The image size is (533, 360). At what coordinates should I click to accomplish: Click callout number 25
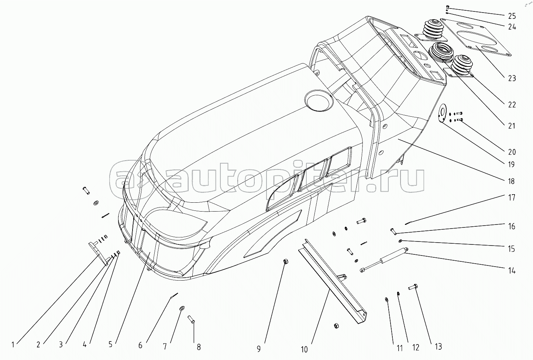click(512, 16)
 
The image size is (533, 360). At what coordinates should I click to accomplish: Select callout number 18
click(511, 181)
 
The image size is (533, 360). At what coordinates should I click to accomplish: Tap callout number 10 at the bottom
click(304, 350)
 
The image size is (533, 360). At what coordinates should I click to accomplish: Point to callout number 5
click(110, 344)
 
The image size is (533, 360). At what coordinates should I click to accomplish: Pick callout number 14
click(512, 271)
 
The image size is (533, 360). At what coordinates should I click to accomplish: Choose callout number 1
click(13, 344)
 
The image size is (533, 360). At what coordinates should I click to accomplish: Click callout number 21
click(512, 126)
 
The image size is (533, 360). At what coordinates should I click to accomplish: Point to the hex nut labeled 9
click(286, 261)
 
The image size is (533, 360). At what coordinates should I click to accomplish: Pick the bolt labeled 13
click(413, 287)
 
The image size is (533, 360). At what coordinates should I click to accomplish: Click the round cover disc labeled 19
click(443, 114)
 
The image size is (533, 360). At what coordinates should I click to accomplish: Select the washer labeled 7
click(182, 309)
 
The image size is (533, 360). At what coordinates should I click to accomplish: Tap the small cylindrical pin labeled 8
click(191, 319)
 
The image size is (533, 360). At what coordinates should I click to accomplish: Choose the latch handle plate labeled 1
click(98, 253)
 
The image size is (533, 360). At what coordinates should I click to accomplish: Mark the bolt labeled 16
click(393, 231)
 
